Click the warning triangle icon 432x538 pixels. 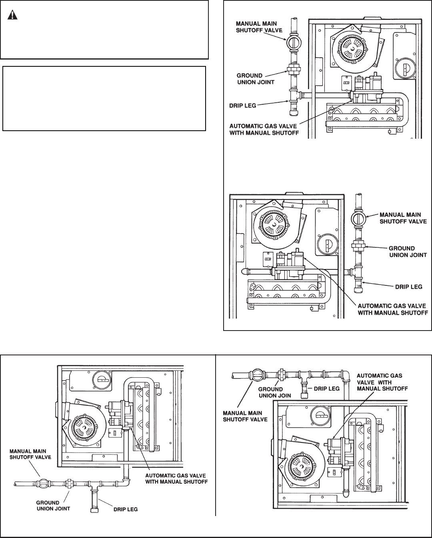(12, 15)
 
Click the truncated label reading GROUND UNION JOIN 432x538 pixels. (275, 392)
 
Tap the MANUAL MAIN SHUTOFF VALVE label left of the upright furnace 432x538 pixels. (259, 27)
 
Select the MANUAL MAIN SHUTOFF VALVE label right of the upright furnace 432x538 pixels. (403, 218)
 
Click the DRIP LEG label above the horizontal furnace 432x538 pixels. (327, 389)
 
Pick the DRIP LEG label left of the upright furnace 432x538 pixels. (243, 106)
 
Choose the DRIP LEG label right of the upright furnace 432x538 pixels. (409, 287)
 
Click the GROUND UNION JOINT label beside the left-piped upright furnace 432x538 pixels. (256, 79)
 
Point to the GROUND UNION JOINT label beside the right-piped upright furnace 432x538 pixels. (408, 252)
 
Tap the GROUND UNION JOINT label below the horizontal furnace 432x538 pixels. (53, 506)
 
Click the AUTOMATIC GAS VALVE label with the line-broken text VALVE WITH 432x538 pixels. (382, 382)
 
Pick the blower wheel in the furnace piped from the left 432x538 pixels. (353, 48)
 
